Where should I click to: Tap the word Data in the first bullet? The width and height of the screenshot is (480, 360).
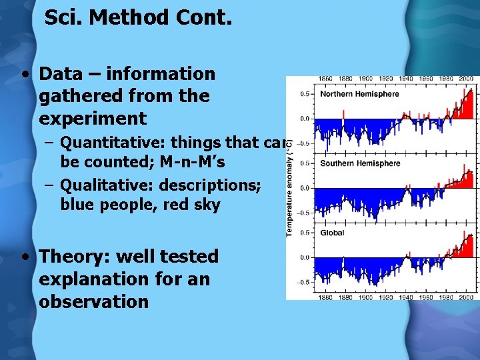tap(62, 73)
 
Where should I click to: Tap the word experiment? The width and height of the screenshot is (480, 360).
tap(92, 119)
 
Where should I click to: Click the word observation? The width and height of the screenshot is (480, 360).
tap(93, 301)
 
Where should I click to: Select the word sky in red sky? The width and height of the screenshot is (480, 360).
tap(206, 205)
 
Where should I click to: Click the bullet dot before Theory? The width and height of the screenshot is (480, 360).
tap(25, 257)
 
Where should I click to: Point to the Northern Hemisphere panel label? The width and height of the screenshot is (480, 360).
tap(359, 94)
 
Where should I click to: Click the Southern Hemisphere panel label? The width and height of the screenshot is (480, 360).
tap(360, 163)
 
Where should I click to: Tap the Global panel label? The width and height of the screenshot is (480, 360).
tap(332, 233)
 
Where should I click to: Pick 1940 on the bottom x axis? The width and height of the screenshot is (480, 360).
tap(407, 297)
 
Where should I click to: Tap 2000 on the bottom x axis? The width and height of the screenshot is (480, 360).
tap(467, 297)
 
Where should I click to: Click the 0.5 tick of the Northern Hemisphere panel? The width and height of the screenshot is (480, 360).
tap(305, 94)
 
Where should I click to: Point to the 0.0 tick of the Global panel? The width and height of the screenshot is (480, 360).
tap(305, 257)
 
